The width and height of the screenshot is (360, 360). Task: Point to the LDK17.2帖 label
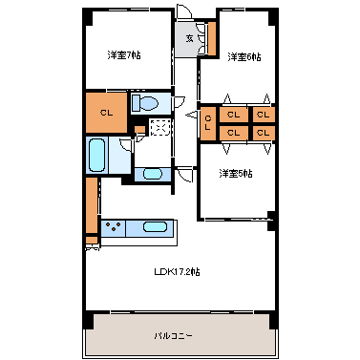pos(178,272)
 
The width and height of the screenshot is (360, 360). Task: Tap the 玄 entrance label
pos(189,39)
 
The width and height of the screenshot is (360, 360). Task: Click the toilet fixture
pos(147,103)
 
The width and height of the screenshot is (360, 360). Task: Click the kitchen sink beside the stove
pos(155,229)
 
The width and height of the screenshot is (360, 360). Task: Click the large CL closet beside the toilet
pos(106,112)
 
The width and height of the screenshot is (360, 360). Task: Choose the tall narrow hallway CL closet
pos(209,121)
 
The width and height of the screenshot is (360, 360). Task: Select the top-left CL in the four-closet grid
pos(233,115)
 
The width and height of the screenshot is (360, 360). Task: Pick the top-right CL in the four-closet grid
pos(262,115)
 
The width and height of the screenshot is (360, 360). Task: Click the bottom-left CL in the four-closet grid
pos(233,133)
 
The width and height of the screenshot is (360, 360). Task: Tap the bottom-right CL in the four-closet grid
pos(262,133)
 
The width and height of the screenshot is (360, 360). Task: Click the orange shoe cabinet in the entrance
pos(211,35)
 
